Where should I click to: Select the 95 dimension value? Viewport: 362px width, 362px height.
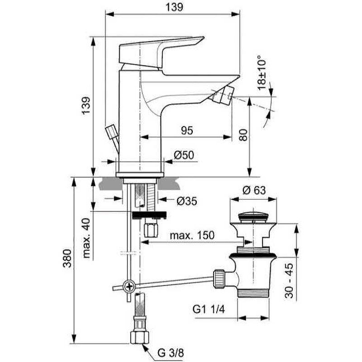coord(187,131)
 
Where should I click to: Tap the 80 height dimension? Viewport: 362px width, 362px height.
coord(243,135)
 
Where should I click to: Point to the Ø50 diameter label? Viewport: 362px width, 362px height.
coord(184,155)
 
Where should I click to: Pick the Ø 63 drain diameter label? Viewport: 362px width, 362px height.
coord(254,191)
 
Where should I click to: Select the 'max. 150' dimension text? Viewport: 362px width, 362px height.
coord(192,236)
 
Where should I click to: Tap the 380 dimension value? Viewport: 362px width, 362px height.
coord(67,259)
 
